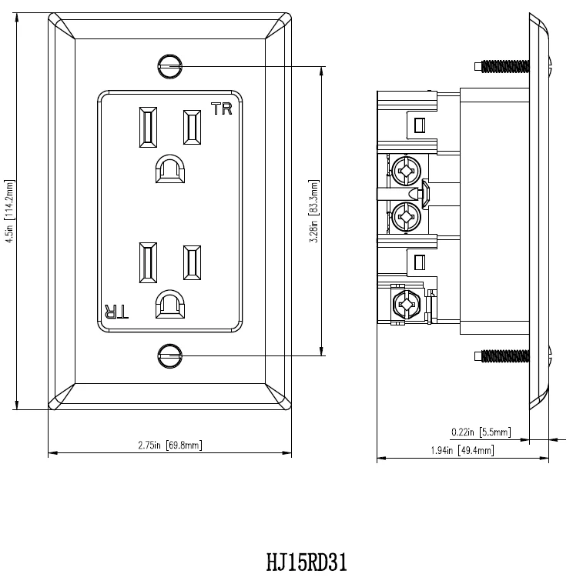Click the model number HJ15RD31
pyautogui.click(x=307, y=563)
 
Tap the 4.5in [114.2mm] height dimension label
pyautogui.click(x=9, y=212)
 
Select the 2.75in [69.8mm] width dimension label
pyautogui.click(x=170, y=445)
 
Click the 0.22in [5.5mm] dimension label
pyautogui.click(x=481, y=432)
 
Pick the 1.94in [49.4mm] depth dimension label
pyautogui.click(x=462, y=450)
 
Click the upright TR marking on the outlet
pyautogui.click(x=221, y=108)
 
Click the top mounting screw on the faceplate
pyautogui.click(x=169, y=66)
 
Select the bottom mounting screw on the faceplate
pyautogui.click(x=169, y=355)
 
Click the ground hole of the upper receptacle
pyautogui.click(x=169, y=169)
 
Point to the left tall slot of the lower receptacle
pyautogui.click(x=147, y=262)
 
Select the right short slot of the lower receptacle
pyautogui.click(x=192, y=262)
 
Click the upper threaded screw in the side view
pyautogui.click(x=504, y=66)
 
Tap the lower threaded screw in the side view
pyautogui.click(x=504, y=355)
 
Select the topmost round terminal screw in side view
pyautogui.click(x=406, y=169)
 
